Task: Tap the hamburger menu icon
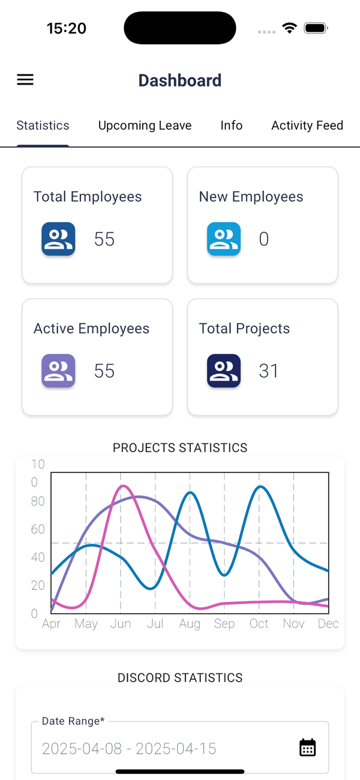click(25, 80)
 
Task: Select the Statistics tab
click(43, 125)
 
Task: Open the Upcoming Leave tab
click(145, 125)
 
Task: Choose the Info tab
click(231, 125)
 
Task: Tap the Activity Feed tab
click(307, 125)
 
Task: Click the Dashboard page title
click(180, 80)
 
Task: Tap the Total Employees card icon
click(58, 239)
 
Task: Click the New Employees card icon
click(224, 239)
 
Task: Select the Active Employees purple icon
click(58, 371)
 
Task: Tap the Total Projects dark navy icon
click(224, 371)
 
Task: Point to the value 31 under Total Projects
click(269, 371)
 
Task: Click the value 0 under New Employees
click(264, 239)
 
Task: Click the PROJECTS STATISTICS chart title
click(180, 448)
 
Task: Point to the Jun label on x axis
click(121, 624)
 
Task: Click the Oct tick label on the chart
click(259, 624)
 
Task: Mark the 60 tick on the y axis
click(38, 529)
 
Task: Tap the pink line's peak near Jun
click(123, 486)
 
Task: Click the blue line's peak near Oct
click(260, 487)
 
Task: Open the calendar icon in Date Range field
click(308, 748)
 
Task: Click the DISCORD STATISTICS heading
click(180, 678)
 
